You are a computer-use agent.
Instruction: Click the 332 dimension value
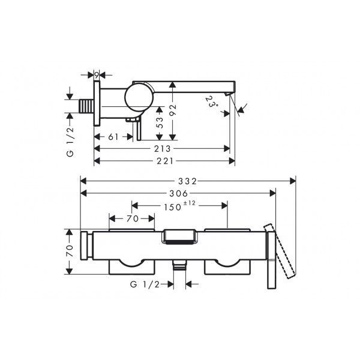pyautogui.click(x=187, y=181)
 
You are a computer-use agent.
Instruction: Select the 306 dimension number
pyautogui.click(x=179, y=194)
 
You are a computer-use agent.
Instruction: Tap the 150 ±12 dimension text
pyautogui.click(x=179, y=206)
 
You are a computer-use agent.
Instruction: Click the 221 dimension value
pyautogui.click(x=164, y=161)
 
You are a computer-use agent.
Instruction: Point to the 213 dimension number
pyautogui.click(x=163, y=149)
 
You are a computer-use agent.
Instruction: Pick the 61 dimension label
pyautogui.click(x=113, y=137)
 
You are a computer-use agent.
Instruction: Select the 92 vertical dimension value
pyautogui.click(x=173, y=110)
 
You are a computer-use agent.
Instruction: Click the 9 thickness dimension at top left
pyautogui.click(x=97, y=75)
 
